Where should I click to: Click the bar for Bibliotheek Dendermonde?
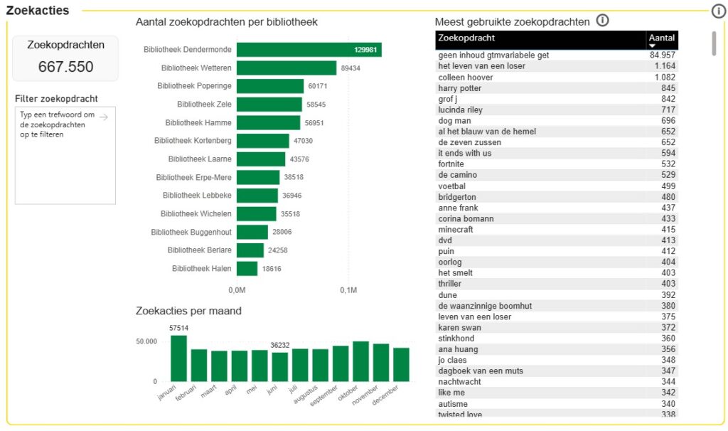[309, 50]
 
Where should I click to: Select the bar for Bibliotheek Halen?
[247, 269]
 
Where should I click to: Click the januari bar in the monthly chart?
[178, 358]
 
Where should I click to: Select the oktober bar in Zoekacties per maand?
[360, 361]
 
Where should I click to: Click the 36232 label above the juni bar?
[280, 346]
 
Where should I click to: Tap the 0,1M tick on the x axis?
[348, 290]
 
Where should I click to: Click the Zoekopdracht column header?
[466, 38]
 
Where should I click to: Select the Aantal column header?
[662, 38]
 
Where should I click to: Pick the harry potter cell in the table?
[460, 88]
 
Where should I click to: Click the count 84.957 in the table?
[663, 55]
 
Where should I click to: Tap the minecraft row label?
[456, 230]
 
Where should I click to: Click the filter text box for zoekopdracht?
[65, 156]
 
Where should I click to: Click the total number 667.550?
[65, 67]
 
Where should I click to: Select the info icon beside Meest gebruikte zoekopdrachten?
[603, 21]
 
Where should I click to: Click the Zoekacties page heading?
[38, 11]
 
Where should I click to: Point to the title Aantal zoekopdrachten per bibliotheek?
[226, 22]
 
